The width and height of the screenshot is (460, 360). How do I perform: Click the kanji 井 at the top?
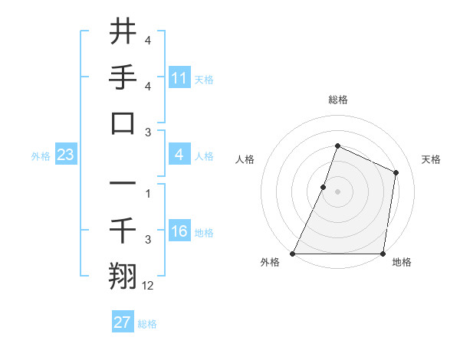coord(123,32)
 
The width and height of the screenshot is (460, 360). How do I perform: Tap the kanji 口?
coord(123,123)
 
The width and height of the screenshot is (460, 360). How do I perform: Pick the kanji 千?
coord(123,229)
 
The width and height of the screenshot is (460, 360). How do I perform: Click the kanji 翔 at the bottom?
coord(123,275)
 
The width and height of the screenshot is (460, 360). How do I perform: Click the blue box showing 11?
coord(179,78)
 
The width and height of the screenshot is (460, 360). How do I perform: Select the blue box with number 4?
coord(179,155)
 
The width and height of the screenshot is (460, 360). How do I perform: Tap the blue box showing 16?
coord(179,232)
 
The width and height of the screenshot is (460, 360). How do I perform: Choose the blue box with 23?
coord(66,155)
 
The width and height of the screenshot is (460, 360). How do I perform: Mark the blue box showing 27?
coord(123,322)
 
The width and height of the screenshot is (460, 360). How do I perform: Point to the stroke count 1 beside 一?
coord(148,194)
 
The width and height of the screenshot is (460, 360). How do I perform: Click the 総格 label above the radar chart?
coord(337,100)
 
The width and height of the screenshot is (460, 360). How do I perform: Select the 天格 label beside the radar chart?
coord(431,159)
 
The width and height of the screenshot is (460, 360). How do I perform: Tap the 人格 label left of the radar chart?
coord(245,159)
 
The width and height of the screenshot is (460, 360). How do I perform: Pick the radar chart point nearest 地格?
coord(383,254)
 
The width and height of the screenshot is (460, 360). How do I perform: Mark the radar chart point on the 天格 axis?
coord(396,172)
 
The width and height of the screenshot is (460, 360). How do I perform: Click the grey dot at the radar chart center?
coord(337,191)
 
